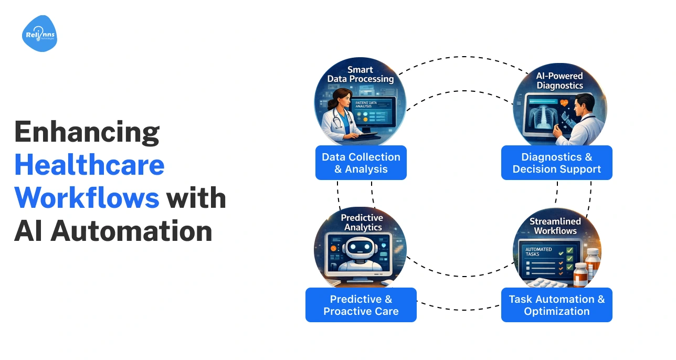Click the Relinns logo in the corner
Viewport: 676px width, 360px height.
pos(39,34)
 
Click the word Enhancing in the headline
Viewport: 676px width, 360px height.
pos(87,133)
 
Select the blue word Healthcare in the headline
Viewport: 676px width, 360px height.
pos(89,165)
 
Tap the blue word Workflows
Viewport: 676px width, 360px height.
pos(87,198)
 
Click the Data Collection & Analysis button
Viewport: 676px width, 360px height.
pos(361,163)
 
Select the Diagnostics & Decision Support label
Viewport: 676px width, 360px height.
pos(556,163)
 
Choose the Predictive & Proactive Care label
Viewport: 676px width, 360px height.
pos(361,305)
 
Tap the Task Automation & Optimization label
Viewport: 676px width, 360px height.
pos(556,305)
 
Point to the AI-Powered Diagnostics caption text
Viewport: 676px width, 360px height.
pos(559,80)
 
